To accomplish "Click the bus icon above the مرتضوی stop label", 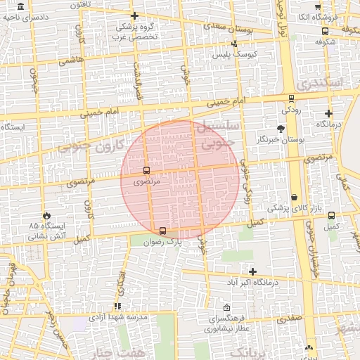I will [x=146, y=170].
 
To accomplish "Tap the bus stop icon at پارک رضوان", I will [x=163, y=230].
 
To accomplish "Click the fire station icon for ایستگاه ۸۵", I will [x=46, y=215].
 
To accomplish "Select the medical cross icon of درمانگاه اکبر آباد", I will [x=252, y=271].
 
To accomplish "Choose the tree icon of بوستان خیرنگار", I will [x=281, y=129].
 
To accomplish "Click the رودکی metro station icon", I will [x=291, y=99].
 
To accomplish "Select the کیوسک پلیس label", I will [x=236, y=54].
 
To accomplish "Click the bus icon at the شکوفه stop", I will [x=325, y=31].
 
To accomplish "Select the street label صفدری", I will [x=289, y=318].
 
